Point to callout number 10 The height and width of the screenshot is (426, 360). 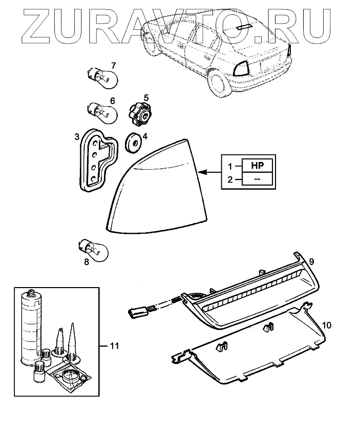tap(328, 325)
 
